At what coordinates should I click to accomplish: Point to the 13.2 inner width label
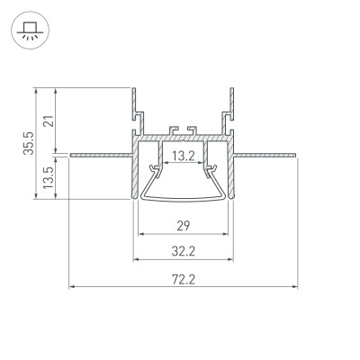[183, 156]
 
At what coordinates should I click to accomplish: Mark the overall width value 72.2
[183, 280]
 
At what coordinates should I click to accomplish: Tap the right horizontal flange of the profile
[265, 156]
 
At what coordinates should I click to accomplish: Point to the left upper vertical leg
[133, 101]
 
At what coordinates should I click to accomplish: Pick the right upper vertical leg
[232, 101]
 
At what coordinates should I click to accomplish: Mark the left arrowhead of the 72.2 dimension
[72, 288]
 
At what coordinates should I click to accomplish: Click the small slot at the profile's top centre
[183, 130]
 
